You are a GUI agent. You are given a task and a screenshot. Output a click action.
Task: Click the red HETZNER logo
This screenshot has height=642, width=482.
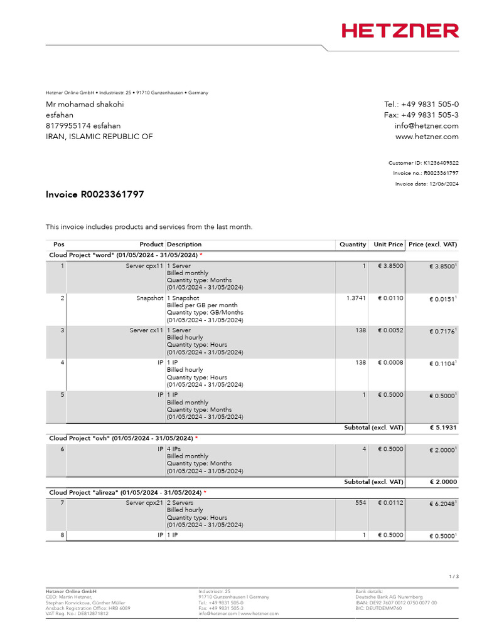point(400,31)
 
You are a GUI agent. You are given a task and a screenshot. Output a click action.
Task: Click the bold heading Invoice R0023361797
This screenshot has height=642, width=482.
point(95,194)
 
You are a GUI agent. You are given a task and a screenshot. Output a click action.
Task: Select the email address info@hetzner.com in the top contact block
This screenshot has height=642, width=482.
point(426,125)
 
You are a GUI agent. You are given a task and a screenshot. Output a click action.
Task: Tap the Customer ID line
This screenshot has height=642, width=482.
point(424,162)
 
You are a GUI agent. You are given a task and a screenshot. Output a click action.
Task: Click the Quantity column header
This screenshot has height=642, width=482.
point(353,245)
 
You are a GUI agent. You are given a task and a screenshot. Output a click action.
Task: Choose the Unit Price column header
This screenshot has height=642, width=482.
point(388,245)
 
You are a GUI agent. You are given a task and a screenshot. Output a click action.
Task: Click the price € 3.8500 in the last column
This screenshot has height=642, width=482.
point(441,266)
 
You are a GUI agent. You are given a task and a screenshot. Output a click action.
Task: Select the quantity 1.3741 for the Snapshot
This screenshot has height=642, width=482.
point(356,298)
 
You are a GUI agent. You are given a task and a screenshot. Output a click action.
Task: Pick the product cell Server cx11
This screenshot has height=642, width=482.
point(146,330)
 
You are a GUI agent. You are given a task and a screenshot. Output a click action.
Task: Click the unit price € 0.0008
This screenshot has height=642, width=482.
point(390,363)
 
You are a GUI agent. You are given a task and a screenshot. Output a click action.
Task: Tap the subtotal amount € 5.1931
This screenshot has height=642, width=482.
point(443,428)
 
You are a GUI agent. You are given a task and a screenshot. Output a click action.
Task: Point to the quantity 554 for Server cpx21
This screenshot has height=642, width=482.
point(360,503)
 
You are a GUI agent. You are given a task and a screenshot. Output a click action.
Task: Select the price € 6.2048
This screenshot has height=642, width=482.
point(441,503)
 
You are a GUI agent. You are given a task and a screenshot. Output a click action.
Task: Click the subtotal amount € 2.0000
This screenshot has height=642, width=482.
point(443,482)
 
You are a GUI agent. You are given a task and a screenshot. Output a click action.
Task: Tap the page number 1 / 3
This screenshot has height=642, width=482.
point(453,576)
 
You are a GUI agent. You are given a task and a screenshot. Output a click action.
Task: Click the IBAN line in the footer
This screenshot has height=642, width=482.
point(396,603)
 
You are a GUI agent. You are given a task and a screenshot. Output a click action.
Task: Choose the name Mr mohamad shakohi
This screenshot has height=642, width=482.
point(85,104)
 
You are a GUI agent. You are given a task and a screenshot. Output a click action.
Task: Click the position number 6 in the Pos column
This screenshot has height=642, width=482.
point(62,449)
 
